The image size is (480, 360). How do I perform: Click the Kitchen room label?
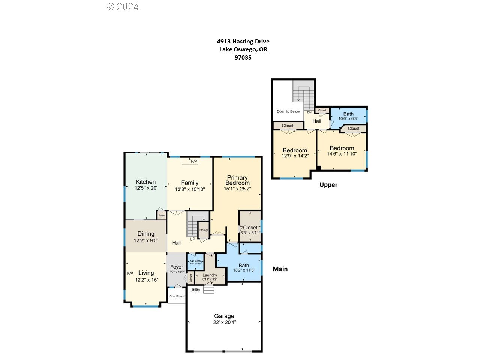pyautogui.click(x=145, y=182)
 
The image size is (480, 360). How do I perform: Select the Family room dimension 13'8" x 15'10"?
pyautogui.click(x=190, y=189)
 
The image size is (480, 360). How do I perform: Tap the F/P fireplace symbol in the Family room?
pyautogui.click(x=190, y=161)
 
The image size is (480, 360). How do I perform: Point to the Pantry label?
pyautogui.click(x=162, y=216)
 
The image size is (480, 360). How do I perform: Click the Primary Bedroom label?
pyautogui.click(x=237, y=180)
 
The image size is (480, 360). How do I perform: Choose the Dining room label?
pyautogui.click(x=146, y=234)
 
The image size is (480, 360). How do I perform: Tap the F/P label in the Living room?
pyautogui.click(x=130, y=273)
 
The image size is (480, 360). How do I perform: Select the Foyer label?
pyautogui.click(x=177, y=267)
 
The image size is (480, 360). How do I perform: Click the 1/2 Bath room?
pyautogui.click(x=195, y=262)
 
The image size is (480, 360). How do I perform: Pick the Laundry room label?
pyautogui.click(x=210, y=275)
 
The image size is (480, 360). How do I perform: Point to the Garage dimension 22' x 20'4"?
pyautogui.click(x=224, y=322)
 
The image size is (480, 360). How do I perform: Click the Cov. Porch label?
pyautogui.click(x=177, y=296)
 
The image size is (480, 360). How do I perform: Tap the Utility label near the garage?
pyautogui.click(x=195, y=290)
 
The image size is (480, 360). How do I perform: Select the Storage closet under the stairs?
pyautogui.click(x=204, y=230)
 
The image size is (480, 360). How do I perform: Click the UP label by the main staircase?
pyautogui.click(x=192, y=239)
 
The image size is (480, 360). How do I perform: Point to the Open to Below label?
pyautogui.click(x=288, y=111)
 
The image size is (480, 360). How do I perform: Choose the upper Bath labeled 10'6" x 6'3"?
pyautogui.click(x=348, y=116)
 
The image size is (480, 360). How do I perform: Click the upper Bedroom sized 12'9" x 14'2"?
pyautogui.click(x=295, y=153)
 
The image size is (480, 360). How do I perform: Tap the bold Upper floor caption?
pyautogui.click(x=328, y=184)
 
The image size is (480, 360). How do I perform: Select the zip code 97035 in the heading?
pyautogui.click(x=243, y=58)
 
